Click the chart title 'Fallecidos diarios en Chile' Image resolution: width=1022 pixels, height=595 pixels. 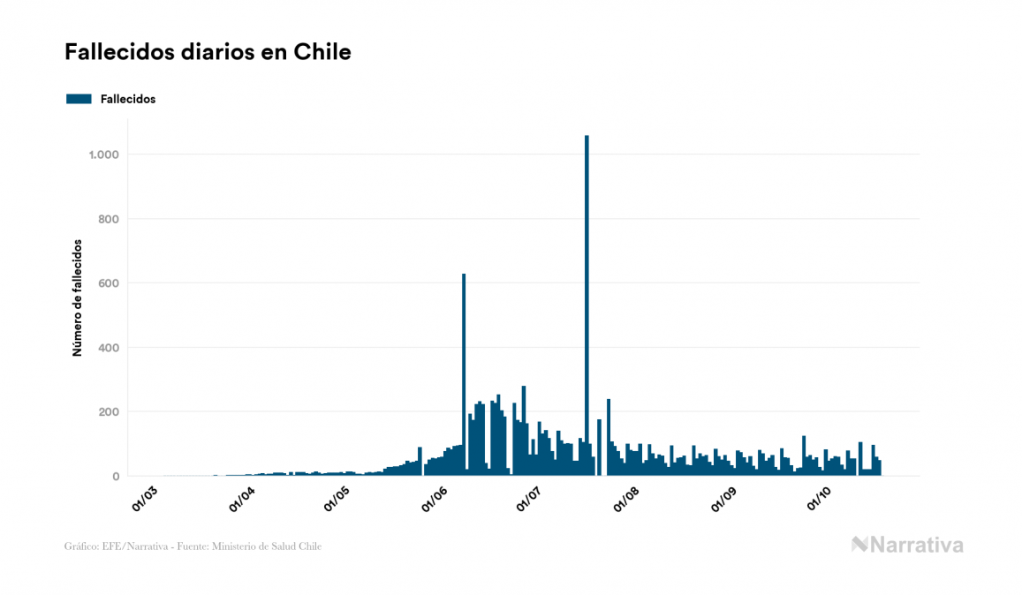pyautogui.click(x=208, y=52)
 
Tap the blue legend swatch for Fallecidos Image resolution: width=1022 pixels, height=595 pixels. pyautogui.click(x=79, y=99)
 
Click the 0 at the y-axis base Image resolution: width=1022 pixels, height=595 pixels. pyautogui.click(x=116, y=477)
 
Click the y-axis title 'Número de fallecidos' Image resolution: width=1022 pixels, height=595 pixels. pyautogui.click(x=77, y=297)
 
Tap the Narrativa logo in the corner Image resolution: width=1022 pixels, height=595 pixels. pyautogui.click(x=907, y=545)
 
